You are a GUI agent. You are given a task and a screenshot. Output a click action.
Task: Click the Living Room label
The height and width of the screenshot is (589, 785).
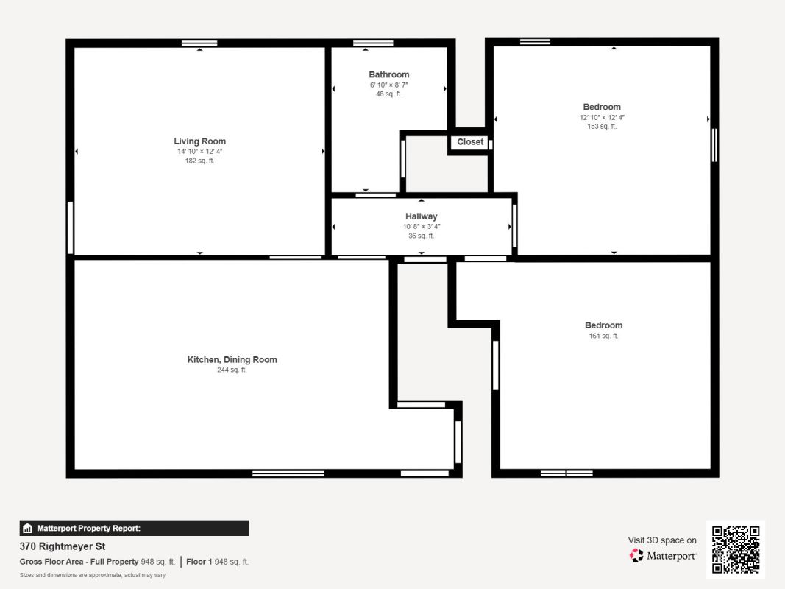click(200, 141)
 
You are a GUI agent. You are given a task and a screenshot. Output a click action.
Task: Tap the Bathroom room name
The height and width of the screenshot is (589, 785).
click(389, 74)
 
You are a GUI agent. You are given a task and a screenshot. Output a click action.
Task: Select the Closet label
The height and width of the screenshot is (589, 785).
click(470, 142)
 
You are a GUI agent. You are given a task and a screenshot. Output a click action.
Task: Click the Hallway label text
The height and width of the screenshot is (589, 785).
click(421, 216)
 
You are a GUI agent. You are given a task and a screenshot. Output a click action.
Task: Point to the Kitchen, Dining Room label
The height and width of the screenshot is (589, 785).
click(232, 359)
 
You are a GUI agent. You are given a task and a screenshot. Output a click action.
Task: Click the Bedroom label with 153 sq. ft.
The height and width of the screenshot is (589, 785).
click(602, 107)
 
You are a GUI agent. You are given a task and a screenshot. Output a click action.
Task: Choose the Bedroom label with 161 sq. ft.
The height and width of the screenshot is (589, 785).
click(604, 325)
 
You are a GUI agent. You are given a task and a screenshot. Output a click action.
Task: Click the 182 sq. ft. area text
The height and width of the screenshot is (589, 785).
click(200, 161)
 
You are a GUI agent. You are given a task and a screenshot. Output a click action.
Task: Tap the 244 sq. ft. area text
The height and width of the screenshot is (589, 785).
click(232, 370)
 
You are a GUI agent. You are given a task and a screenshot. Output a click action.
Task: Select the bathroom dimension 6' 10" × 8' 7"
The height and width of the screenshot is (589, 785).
click(389, 85)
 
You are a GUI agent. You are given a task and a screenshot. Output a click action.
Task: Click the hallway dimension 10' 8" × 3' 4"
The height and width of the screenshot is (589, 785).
click(422, 226)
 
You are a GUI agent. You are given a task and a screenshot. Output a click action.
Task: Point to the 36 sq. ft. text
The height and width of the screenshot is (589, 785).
click(422, 236)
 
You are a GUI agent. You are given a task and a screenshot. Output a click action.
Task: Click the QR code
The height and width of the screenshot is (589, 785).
click(736, 549)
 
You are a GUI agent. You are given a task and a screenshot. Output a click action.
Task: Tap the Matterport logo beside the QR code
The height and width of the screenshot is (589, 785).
click(663, 555)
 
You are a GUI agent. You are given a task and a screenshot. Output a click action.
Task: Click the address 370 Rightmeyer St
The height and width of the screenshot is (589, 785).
click(63, 546)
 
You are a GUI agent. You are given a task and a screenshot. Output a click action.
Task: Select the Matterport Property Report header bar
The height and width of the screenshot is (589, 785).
click(134, 529)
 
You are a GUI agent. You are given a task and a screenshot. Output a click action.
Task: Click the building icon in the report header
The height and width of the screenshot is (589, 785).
click(27, 529)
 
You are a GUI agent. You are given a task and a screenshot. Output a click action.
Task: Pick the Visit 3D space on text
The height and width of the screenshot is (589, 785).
click(662, 540)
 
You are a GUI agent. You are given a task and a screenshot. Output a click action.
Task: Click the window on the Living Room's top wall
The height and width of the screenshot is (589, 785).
click(199, 43)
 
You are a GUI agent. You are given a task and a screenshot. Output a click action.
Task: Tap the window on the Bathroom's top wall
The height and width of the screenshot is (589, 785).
click(373, 43)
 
